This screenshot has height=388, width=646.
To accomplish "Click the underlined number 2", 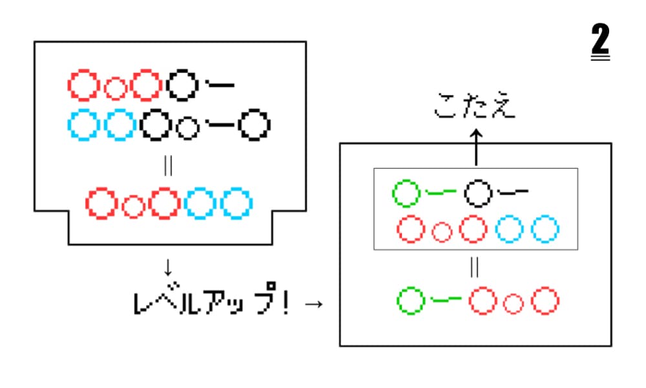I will click(x=600, y=43).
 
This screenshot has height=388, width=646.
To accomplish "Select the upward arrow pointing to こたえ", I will click(x=475, y=146).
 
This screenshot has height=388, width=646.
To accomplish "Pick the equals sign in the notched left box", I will click(x=169, y=166).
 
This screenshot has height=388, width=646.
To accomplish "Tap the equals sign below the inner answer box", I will click(x=475, y=268).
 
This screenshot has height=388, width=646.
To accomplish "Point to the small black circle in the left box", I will click(x=187, y=128).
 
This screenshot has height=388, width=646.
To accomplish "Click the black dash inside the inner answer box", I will click(x=514, y=191).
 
